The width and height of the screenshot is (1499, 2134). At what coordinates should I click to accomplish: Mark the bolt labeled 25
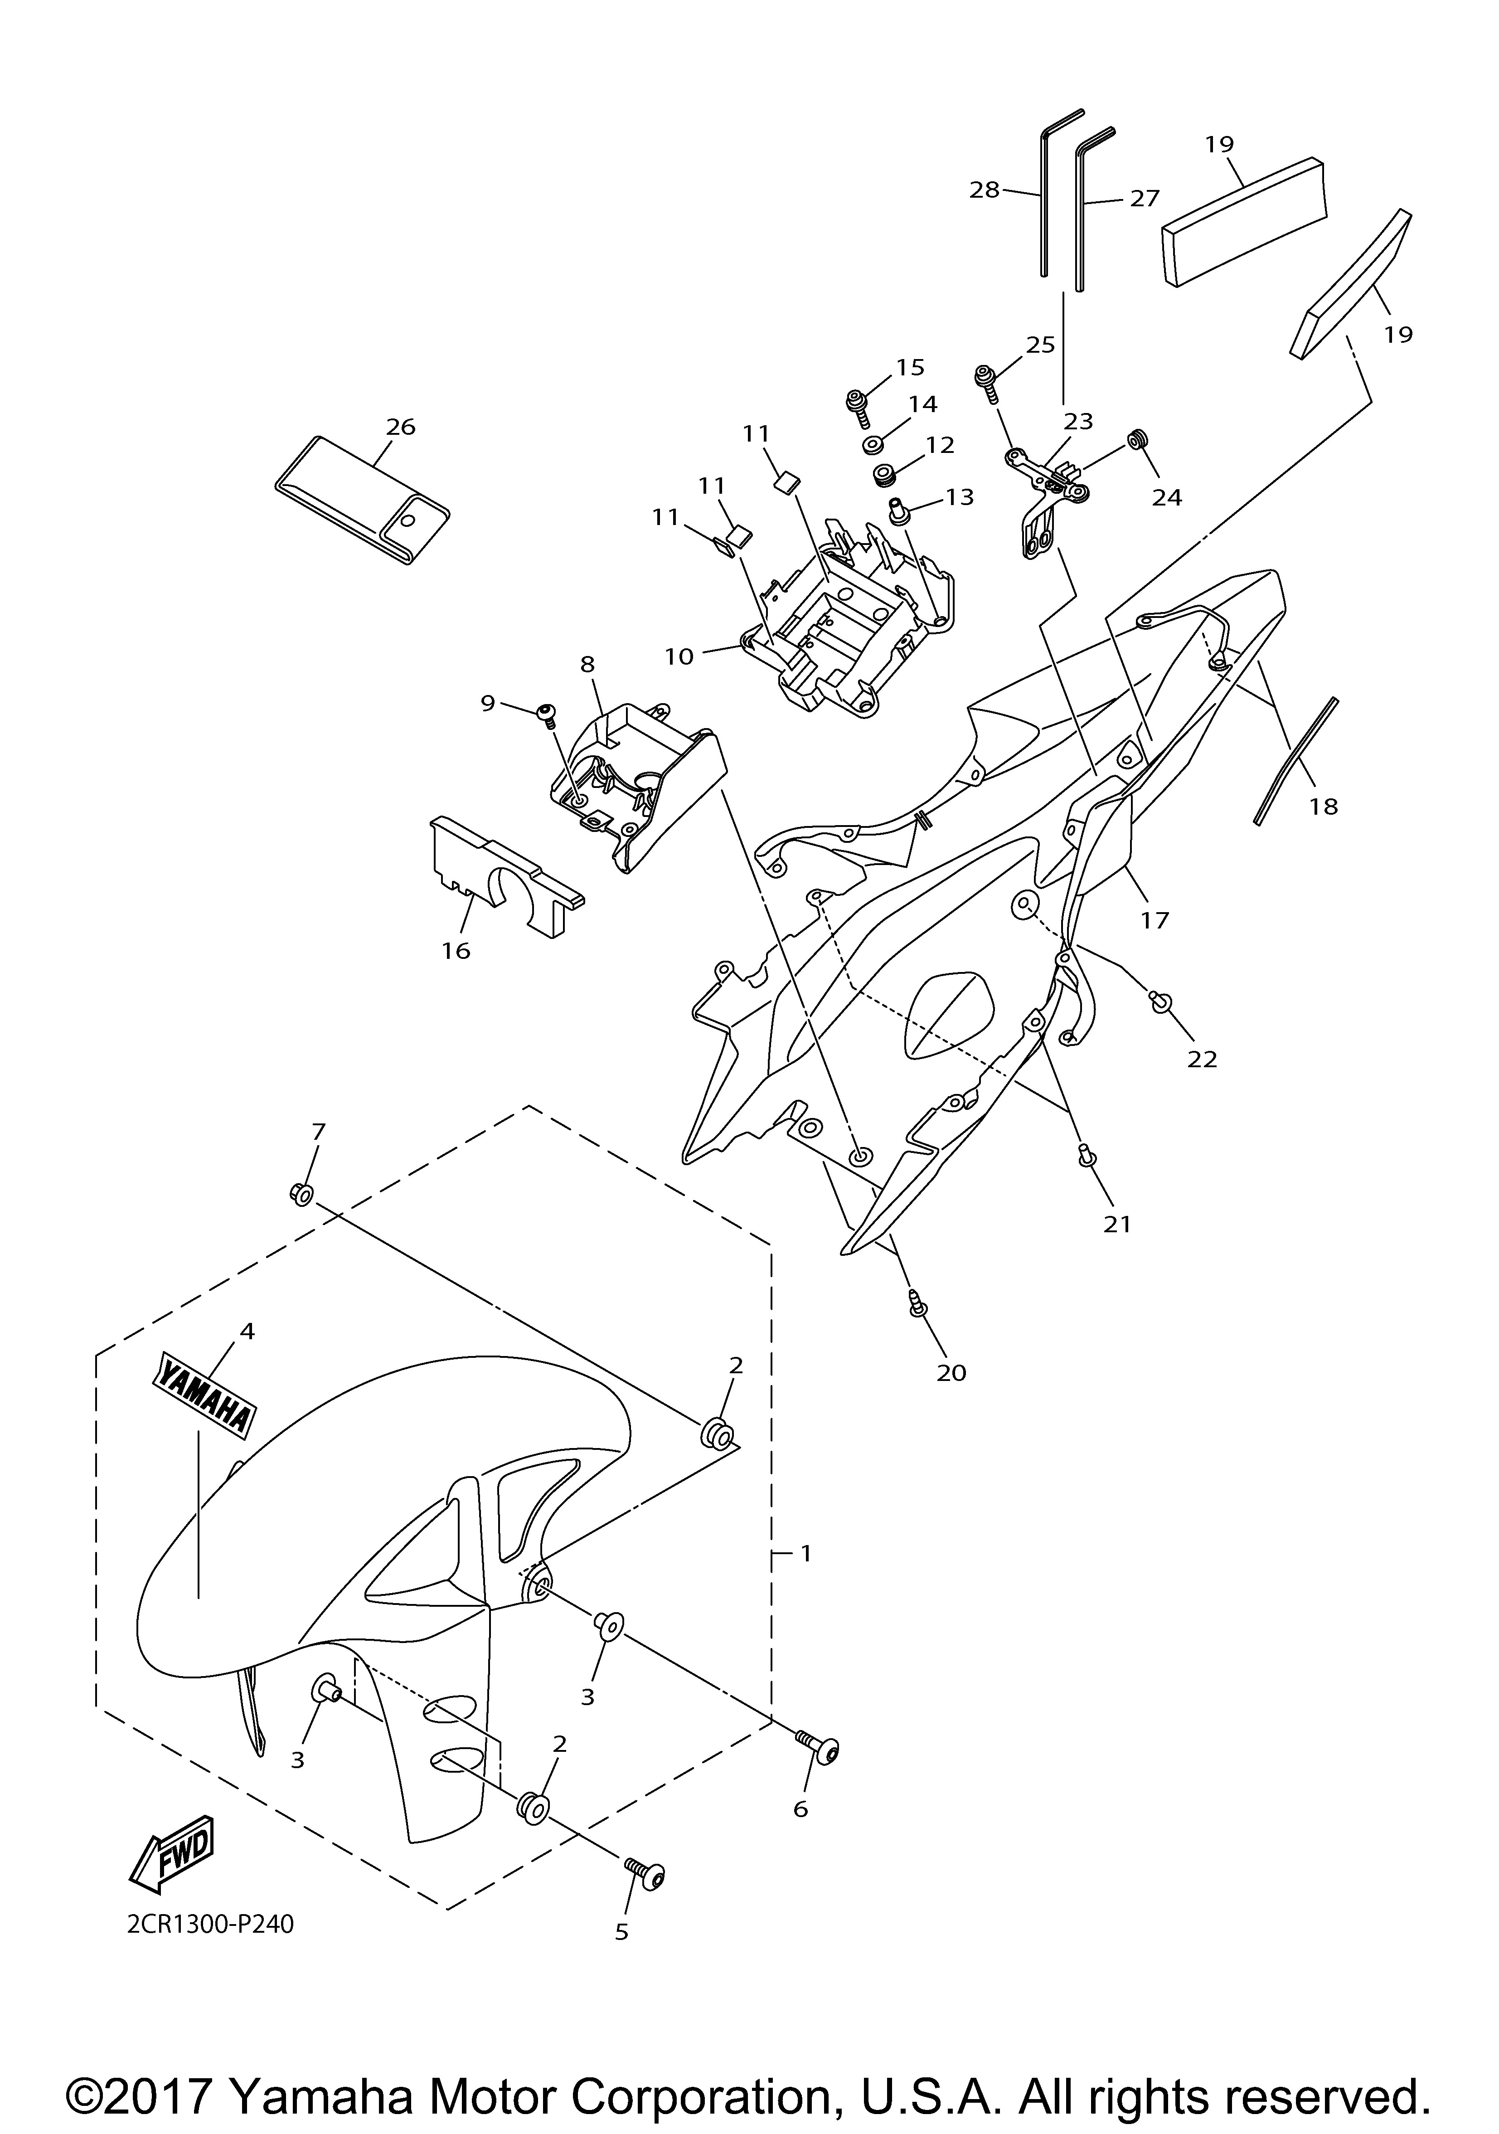[985, 379]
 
